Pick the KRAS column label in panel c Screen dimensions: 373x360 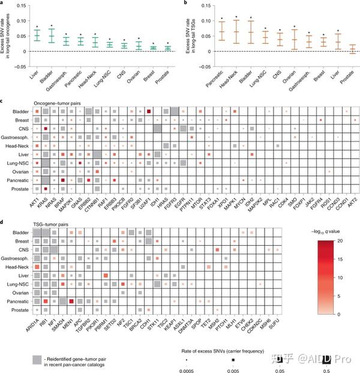[x=44, y=196]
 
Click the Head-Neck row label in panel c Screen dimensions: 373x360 [x=20, y=145]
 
